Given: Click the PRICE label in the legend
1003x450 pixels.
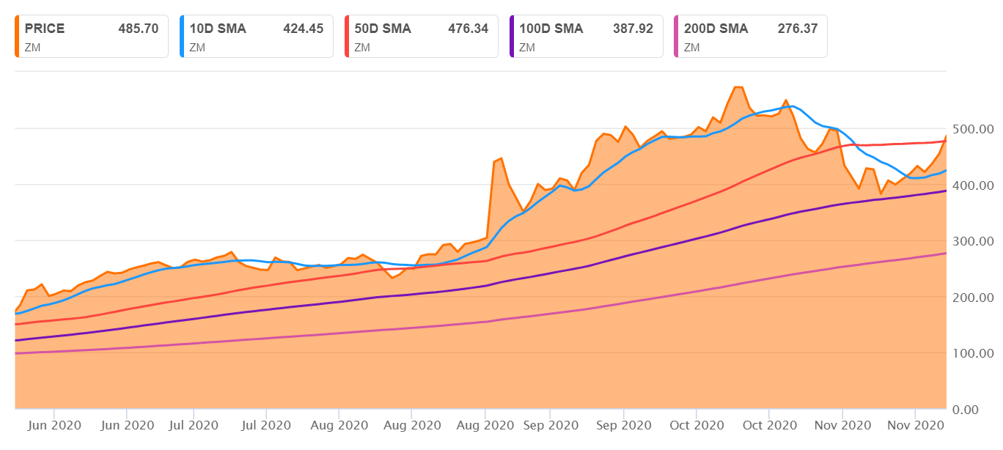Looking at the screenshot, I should (x=45, y=29).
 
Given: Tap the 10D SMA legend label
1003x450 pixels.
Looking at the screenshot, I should (x=218, y=29).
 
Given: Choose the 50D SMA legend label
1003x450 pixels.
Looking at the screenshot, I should (x=383, y=29).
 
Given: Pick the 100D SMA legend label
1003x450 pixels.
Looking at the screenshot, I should (x=551, y=29).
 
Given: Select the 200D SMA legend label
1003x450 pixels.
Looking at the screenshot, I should (x=716, y=29).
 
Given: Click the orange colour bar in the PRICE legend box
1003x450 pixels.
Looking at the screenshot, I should (x=18, y=36).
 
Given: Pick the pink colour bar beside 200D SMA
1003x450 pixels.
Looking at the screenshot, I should (x=677, y=36).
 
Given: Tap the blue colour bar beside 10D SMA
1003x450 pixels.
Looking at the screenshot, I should (x=183, y=36).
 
